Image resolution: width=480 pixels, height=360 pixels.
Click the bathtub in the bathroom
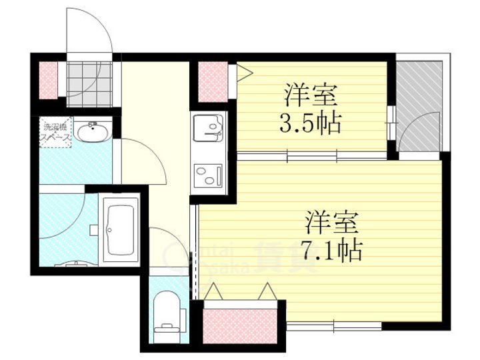pos(121,229)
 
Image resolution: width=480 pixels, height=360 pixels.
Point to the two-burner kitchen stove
pos(209,175)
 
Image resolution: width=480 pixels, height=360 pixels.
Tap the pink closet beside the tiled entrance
pos(49,79)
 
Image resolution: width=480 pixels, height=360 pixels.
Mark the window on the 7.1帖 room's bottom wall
pos(333,326)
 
